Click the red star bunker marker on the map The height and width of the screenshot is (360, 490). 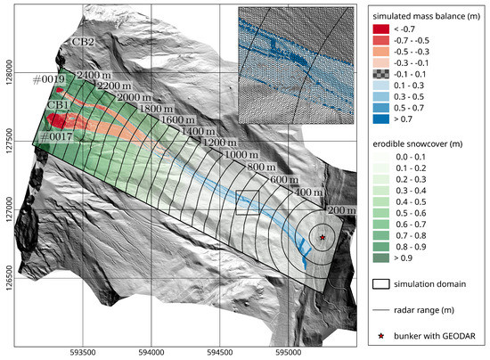coord(323,237)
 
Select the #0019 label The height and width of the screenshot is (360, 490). coord(48,79)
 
